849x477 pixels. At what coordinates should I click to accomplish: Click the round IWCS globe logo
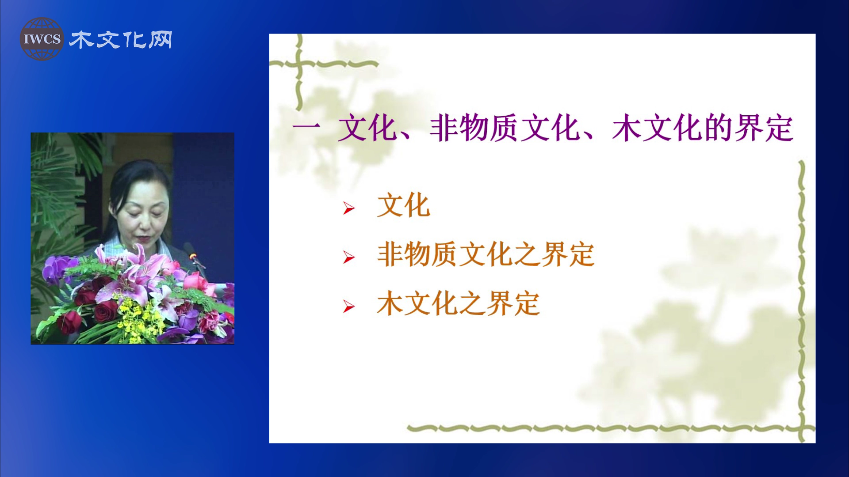point(42,39)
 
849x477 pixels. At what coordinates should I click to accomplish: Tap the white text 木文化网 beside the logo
point(121,40)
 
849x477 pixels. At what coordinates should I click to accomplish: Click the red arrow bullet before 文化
point(349,208)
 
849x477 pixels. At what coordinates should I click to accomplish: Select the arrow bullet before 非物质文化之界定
point(349,257)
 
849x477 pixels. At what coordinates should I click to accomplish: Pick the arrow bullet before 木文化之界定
point(349,307)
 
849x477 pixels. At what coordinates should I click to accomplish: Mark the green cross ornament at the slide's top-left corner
point(301,64)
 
